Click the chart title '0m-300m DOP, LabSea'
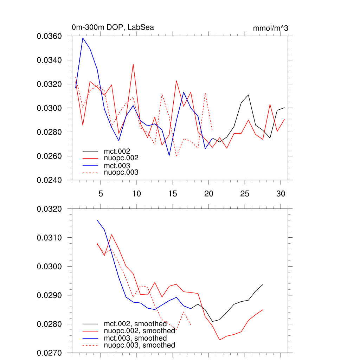[x=112, y=27]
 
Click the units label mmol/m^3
[x=270, y=28]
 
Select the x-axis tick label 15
[x=172, y=194]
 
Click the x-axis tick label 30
[x=281, y=194]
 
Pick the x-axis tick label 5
[x=101, y=194]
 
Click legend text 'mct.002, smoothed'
[x=135, y=324]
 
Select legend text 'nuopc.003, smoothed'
[x=139, y=345]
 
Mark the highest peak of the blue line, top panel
[x=83, y=38]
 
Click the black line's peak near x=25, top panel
[x=248, y=95]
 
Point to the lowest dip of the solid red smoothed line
[x=219, y=340]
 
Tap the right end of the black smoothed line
[x=263, y=284]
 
